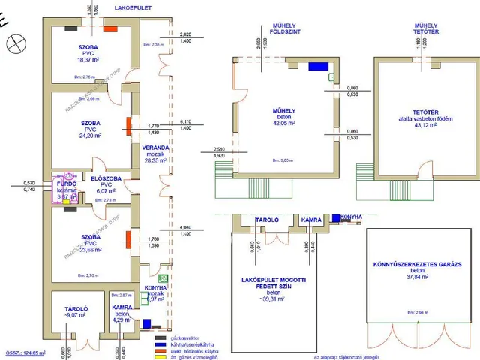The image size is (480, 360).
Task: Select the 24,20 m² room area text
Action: coord(88,137)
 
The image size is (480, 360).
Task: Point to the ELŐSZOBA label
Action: coord(106,177)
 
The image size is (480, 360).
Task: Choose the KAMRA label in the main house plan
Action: coord(122,307)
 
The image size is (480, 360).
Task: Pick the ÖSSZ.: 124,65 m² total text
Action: coord(25,352)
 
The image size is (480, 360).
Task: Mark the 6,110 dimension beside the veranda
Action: coord(186,121)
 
